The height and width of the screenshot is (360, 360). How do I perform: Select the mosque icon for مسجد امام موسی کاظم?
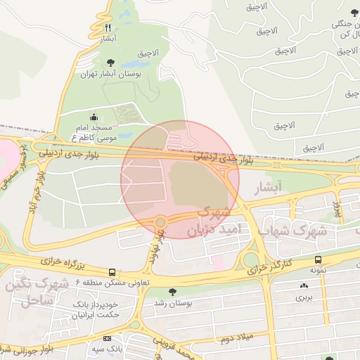click(95, 117)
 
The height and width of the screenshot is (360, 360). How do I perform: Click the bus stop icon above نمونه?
click(319, 259)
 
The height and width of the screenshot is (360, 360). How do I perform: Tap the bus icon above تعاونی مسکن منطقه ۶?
click(112, 272)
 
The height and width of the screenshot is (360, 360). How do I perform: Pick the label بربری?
click(304, 297)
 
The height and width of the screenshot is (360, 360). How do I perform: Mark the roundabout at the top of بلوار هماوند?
click(160, 221)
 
